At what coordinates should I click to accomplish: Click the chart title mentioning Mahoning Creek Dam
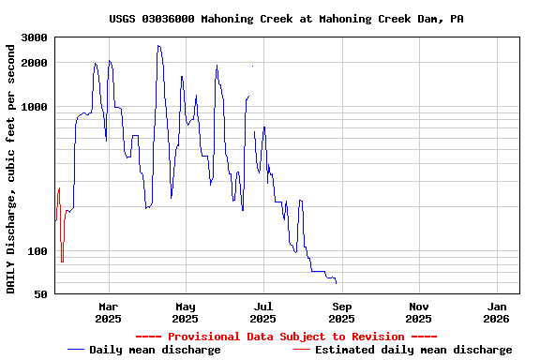click(286, 19)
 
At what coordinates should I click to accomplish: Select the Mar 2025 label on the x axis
click(109, 312)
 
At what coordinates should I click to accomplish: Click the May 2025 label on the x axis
click(186, 312)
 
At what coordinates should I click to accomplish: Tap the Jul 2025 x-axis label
click(263, 312)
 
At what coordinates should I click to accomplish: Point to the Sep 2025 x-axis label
click(342, 312)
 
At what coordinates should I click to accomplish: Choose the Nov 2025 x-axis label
click(419, 312)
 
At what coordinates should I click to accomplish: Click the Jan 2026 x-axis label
click(498, 312)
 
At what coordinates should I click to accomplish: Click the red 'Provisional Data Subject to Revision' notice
click(286, 337)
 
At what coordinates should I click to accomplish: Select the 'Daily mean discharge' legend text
click(155, 350)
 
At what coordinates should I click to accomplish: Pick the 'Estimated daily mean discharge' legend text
click(413, 350)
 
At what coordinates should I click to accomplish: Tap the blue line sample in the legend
click(76, 350)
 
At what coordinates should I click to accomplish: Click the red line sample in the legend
click(301, 350)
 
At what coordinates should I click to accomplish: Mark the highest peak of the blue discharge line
click(158, 46)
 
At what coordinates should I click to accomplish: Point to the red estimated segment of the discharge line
click(58, 202)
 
